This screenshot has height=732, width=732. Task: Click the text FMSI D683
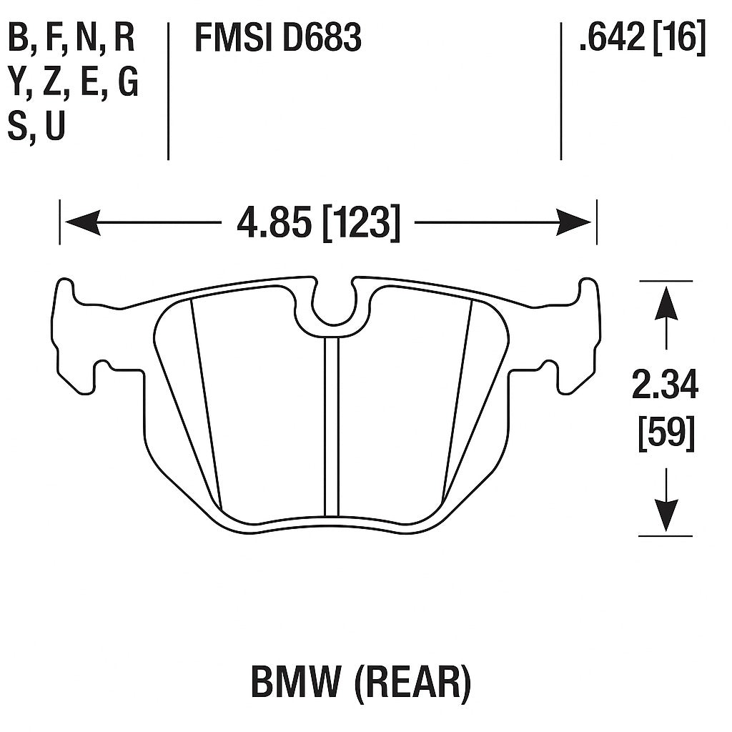point(278,39)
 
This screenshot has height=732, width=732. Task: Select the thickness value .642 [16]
point(642,39)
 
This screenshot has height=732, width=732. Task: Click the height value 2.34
point(665,387)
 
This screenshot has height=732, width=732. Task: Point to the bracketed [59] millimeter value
point(666,432)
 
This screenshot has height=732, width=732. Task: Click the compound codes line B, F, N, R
point(71,39)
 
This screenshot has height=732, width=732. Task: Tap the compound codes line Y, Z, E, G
point(73,84)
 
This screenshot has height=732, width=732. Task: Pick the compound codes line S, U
point(36,127)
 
